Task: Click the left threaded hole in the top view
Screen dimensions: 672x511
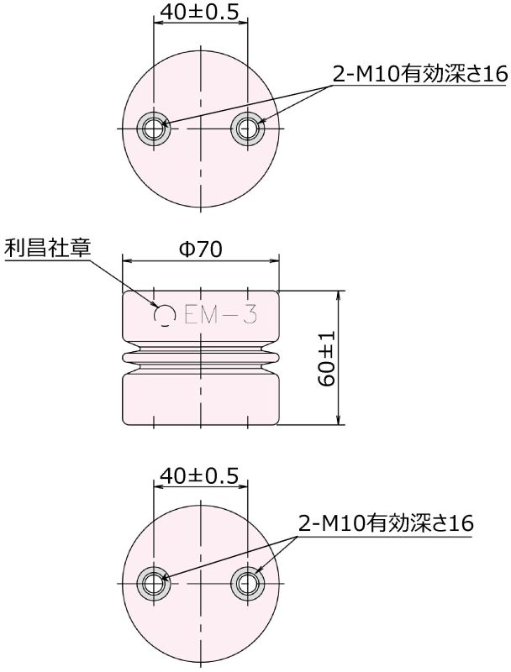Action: point(154,128)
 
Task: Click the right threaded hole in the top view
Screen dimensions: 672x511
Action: point(247,128)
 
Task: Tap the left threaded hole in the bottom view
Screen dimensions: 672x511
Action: point(154,581)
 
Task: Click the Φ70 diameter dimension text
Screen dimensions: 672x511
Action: point(201,249)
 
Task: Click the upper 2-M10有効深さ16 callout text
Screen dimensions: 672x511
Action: point(420,74)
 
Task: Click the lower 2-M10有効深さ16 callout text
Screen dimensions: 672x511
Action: point(386,523)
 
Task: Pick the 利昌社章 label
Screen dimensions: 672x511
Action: point(47,249)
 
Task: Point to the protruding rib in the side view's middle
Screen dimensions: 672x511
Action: point(201,358)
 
